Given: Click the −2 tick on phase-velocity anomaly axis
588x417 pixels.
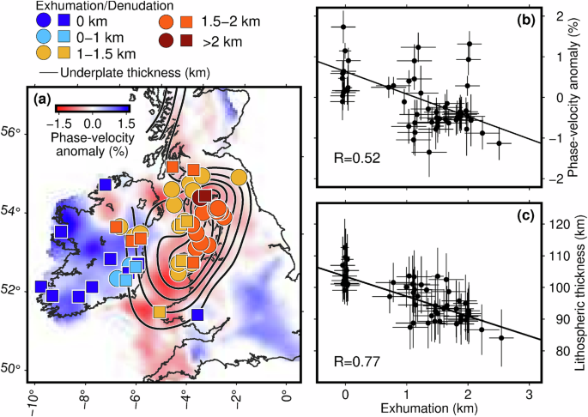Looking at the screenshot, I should pos(555,178).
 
